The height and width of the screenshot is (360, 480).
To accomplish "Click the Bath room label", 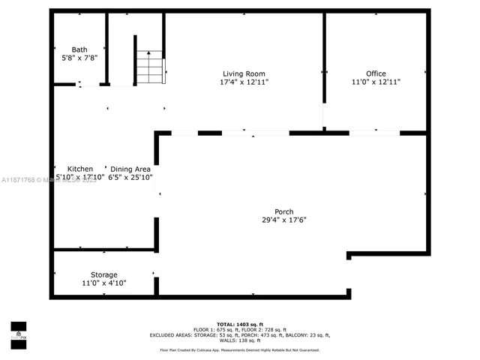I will pyautogui.click(x=79, y=49).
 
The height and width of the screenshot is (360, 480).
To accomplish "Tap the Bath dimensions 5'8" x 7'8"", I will pyautogui.click(x=79, y=58).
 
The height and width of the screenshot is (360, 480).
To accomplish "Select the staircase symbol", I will pyautogui.click(x=149, y=67).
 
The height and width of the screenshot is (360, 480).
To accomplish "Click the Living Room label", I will pyautogui.click(x=244, y=73).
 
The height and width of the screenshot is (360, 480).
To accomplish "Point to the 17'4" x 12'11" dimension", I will pyautogui.click(x=244, y=82).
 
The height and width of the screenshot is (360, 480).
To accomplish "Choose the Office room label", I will pyautogui.click(x=376, y=73).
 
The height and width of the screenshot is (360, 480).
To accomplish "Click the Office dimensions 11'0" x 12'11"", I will pyautogui.click(x=376, y=82).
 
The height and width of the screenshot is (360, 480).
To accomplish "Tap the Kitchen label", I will pyautogui.click(x=80, y=169).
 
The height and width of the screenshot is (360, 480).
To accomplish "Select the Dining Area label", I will pyautogui.click(x=130, y=169).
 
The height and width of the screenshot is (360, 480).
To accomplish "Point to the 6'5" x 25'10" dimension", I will pyautogui.click(x=130, y=178).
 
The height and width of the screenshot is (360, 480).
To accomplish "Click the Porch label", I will pyautogui.click(x=283, y=211).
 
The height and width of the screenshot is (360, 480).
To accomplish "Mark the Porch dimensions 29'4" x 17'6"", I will pyautogui.click(x=283, y=220).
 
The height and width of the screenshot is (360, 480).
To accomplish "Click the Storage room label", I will pyautogui.click(x=104, y=274).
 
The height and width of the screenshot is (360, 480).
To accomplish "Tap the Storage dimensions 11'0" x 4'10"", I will pyautogui.click(x=104, y=283).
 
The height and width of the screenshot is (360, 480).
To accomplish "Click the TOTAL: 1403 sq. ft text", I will pyautogui.click(x=240, y=323).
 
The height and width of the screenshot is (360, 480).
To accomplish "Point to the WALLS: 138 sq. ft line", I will pyautogui.click(x=240, y=340).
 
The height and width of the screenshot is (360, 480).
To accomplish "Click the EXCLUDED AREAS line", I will pyautogui.click(x=240, y=335).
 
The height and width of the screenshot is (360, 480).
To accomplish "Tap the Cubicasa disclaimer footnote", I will pyautogui.click(x=240, y=350).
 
